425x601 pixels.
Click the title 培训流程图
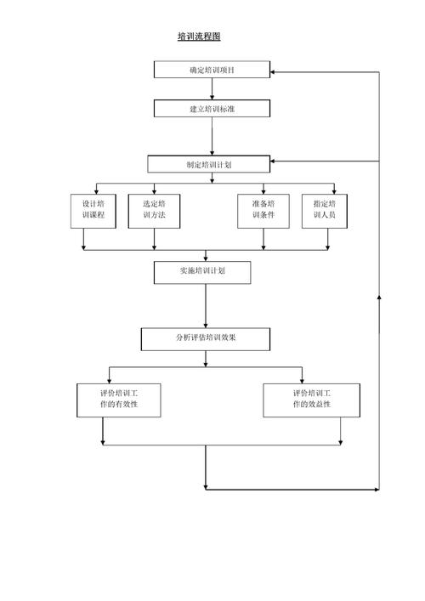pos(199,37)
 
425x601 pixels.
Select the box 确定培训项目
pos(212,70)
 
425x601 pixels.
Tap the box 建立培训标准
pos(212,109)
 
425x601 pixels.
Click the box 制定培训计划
pos(209,164)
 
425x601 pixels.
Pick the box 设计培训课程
pos(93,211)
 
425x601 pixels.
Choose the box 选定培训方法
pos(154,211)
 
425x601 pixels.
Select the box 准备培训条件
pos(263,211)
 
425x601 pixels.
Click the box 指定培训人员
pos(325,211)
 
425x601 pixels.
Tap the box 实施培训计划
pos(202,273)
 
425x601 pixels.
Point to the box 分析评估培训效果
pos(206,339)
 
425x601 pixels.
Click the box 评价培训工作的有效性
pos(119,400)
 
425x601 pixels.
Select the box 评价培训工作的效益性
pos(312,400)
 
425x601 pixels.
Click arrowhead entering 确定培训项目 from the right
pos(273,72)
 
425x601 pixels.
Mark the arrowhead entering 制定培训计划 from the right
pos(273,161)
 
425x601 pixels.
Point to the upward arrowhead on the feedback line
pos(379,297)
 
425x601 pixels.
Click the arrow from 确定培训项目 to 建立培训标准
pos(212,89)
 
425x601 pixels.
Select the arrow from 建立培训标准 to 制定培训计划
pos(212,136)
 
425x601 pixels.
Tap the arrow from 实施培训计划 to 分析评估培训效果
pos(206,306)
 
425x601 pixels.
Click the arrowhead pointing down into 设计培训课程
pos(96,191)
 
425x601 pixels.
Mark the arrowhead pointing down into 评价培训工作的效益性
pos(302,381)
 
